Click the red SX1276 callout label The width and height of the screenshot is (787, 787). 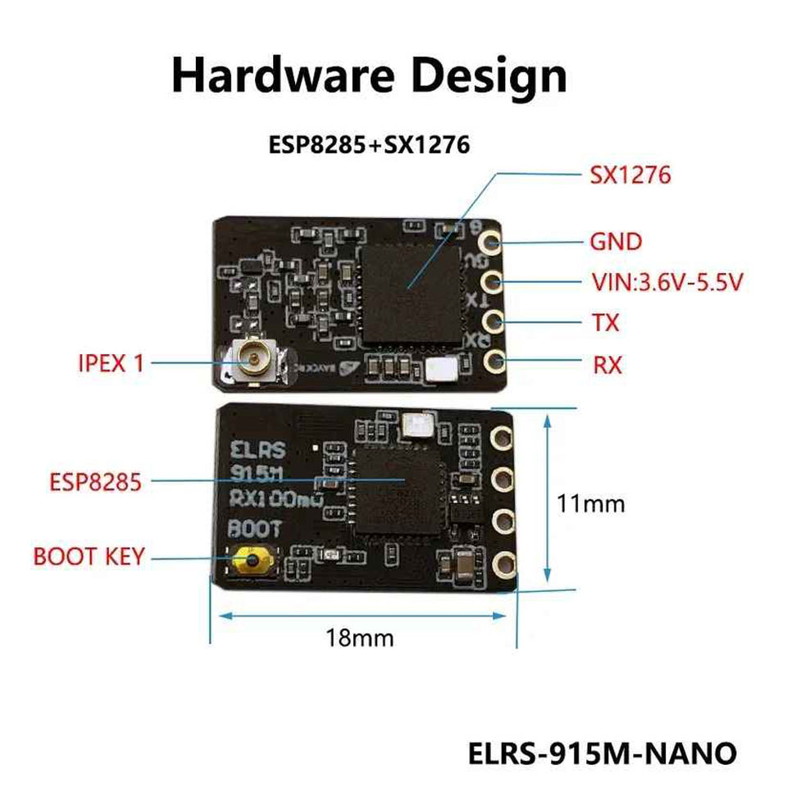click(x=630, y=175)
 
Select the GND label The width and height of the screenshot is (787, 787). click(x=616, y=243)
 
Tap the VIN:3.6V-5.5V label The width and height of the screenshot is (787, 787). click(x=666, y=283)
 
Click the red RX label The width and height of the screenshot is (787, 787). click(x=607, y=364)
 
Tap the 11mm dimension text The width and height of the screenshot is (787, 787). click(x=590, y=503)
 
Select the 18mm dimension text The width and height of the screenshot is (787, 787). click(x=360, y=637)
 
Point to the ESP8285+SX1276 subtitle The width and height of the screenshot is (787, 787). click(x=369, y=146)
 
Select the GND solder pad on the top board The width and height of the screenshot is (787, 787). click(x=492, y=243)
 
